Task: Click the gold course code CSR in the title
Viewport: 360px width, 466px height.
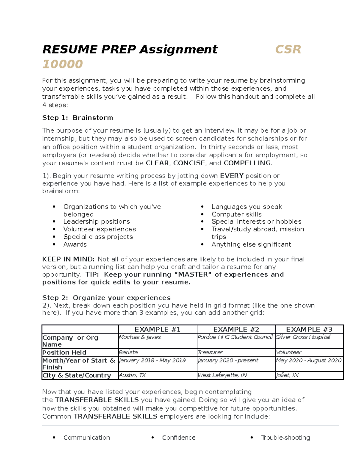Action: coord(288,49)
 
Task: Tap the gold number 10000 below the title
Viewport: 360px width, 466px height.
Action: coord(62,64)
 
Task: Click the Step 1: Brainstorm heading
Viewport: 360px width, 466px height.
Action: coord(77,118)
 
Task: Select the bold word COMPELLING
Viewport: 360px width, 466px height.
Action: coord(247,163)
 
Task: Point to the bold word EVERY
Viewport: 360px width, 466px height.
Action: coord(232,176)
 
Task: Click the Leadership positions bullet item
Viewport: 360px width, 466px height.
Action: coord(96,221)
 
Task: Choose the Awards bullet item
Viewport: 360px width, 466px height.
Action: coord(75,244)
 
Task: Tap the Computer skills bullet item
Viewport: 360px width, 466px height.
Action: coord(236,214)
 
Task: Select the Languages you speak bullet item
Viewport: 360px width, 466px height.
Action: coord(246,207)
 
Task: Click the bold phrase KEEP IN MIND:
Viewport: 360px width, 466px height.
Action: coord(68,259)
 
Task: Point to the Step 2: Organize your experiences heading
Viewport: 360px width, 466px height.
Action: coord(106,298)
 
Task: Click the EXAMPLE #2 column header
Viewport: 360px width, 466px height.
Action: coord(236,329)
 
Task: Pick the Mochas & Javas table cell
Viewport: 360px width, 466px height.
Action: coord(140,337)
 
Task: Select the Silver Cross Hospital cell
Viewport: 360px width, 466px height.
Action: coord(303,337)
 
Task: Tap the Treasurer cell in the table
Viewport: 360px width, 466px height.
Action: coord(210,352)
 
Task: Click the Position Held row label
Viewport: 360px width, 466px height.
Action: coord(64,352)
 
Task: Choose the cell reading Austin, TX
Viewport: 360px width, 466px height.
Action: coord(132,375)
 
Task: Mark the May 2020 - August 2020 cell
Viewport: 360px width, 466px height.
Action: coord(309,360)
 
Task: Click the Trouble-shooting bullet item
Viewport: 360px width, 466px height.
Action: coord(285,437)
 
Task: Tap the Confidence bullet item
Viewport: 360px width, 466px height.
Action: coord(178,437)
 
